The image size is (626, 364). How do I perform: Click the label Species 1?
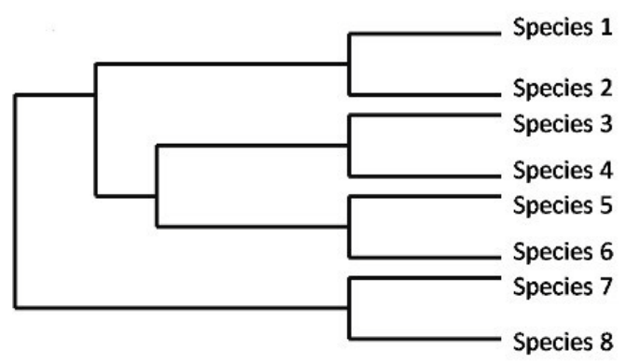[x=563, y=28]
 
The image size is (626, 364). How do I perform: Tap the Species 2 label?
[x=563, y=89]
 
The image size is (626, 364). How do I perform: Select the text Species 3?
[x=563, y=124]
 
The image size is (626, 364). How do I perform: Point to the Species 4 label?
[x=563, y=171]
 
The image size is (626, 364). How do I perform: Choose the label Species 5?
[x=563, y=205]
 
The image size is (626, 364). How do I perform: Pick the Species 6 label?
[x=563, y=252]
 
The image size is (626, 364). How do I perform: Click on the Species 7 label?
[x=563, y=287]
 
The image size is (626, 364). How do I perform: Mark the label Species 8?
[x=563, y=343]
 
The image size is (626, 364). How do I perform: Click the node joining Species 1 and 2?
[x=349, y=63]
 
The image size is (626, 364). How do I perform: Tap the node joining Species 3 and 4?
[x=349, y=146]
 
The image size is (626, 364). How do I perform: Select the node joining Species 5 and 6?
[x=349, y=227]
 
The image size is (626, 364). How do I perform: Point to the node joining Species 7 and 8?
[x=349, y=308]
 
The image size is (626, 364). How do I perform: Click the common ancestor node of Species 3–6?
[x=158, y=196]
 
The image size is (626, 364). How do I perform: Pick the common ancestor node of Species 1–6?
[x=96, y=95]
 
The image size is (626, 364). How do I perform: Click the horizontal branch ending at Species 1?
[x=424, y=34]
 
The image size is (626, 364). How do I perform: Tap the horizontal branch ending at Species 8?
[x=424, y=339]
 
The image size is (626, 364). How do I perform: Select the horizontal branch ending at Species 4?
[x=424, y=175]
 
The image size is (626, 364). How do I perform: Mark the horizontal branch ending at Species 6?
[x=424, y=258]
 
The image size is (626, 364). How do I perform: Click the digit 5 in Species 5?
[x=605, y=205]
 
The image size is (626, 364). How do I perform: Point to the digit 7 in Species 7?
[x=605, y=287]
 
